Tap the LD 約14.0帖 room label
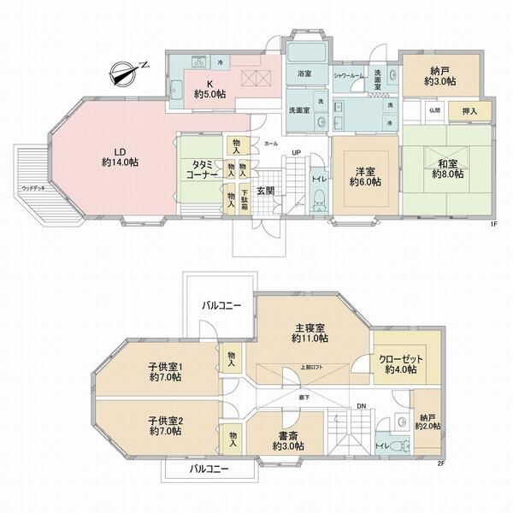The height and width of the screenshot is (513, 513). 116,156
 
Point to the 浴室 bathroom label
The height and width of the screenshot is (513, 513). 305,74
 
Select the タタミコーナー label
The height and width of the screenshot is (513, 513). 197,169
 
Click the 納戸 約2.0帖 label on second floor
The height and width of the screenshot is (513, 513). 427,420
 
